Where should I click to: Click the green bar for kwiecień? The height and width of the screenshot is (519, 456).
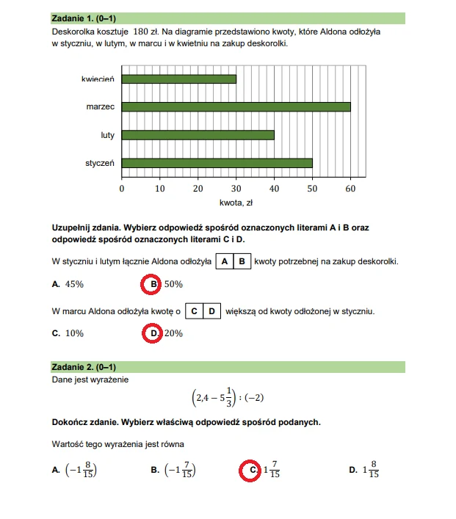(x=178, y=79)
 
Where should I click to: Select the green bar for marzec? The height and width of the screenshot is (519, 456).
(x=236, y=106)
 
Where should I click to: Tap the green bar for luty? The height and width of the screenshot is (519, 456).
(x=198, y=135)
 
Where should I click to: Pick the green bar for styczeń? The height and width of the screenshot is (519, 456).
(x=217, y=163)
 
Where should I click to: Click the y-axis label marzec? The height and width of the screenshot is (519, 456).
(x=99, y=106)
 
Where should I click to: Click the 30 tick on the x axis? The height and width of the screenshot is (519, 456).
(x=236, y=189)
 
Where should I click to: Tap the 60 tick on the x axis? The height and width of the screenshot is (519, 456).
(x=350, y=189)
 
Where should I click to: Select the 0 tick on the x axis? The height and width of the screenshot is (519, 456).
(x=122, y=189)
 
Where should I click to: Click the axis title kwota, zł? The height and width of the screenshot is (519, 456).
(x=236, y=203)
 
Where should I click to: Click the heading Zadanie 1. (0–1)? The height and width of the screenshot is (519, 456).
(x=84, y=17)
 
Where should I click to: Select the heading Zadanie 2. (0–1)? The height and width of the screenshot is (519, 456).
(x=84, y=366)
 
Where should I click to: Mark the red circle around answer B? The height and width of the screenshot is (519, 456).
(x=153, y=283)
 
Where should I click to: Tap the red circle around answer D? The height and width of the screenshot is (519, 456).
(x=153, y=333)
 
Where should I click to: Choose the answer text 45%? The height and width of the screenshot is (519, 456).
(x=74, y=284)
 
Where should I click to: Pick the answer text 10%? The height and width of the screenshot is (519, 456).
(x=74, y=333)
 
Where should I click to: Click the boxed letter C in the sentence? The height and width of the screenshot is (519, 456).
(x=194, y=311)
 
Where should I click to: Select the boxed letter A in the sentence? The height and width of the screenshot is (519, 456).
(x=225, y=262)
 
